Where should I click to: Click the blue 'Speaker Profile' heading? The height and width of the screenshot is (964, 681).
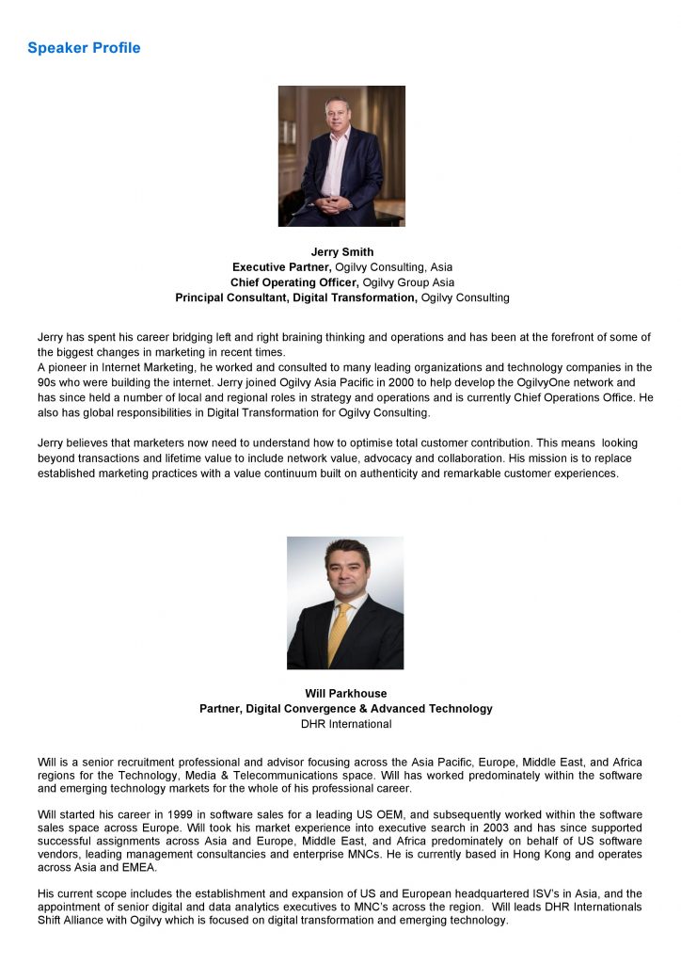pyautogui.click(x=84, y=48)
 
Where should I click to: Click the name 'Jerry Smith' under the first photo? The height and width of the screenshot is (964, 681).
pyautogui.click(x=342, y=252)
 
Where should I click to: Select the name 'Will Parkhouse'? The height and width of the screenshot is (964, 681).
pyautogui.click(x=345, y=694)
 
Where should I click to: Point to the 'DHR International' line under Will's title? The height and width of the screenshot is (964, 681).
pyautogui.click(x=346, y=724)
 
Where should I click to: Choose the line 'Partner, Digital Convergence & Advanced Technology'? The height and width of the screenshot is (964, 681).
pyautogui.click(x=345, y=709)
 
